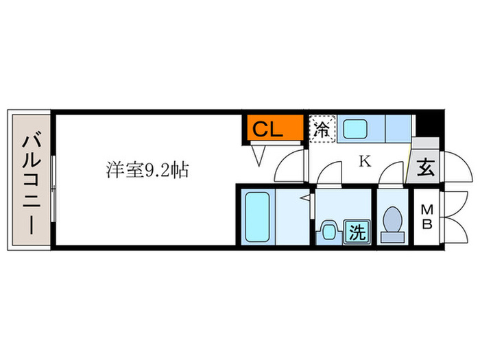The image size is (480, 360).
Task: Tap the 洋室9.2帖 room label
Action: tap(147, 170)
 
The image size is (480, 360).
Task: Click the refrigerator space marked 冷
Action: tap(322, 129)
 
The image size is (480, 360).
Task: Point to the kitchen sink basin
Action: tap(355, 129)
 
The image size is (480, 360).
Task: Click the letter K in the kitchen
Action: tap(365, 161)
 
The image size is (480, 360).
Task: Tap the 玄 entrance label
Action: tap(426, 167)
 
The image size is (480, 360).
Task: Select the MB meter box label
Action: tap(427, 217)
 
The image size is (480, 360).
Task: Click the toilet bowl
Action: tap(393, 220)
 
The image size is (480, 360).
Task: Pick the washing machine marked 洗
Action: tap(357, 232)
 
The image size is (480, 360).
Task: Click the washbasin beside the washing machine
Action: tap(329, 232)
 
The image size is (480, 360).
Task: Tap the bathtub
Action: tap(257, 217)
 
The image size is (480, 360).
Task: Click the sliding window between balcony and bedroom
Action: tap(53, 189)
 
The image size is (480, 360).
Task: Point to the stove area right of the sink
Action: tap(398, 129)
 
